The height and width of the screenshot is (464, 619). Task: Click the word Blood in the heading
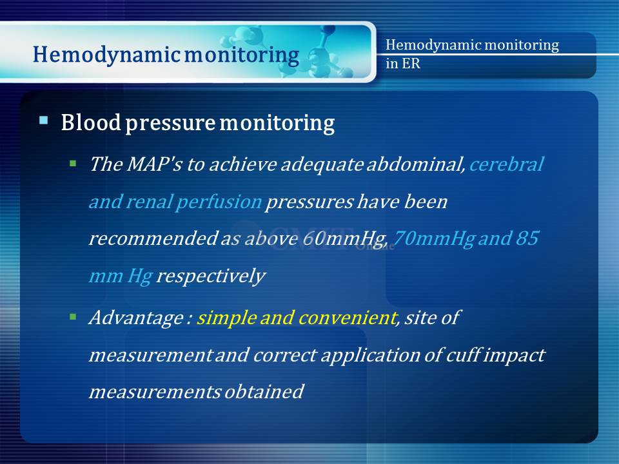click(x=91, y=122)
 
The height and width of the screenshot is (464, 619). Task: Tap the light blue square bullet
click(x=44, y=120)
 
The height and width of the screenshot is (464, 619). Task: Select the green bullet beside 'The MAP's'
click(x=73, y=163)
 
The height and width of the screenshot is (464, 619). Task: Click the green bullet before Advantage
click(x=73, y=316)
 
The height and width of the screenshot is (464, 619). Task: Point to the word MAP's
click(x=154, y=164)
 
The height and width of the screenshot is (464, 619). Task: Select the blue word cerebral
click(x=507, y=164)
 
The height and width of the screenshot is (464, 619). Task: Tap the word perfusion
click(x=219, y=202)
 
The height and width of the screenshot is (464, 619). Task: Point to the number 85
click(x=527, y=238)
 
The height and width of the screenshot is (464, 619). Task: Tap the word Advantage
click(x=136, y=318)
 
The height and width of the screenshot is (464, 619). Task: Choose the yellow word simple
click(x=226, y=318)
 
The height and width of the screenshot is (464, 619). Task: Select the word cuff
click(x=463, y=354)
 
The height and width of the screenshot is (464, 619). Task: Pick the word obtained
click(x=264, y=392)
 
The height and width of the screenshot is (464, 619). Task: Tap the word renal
click(x=150, y=202)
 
